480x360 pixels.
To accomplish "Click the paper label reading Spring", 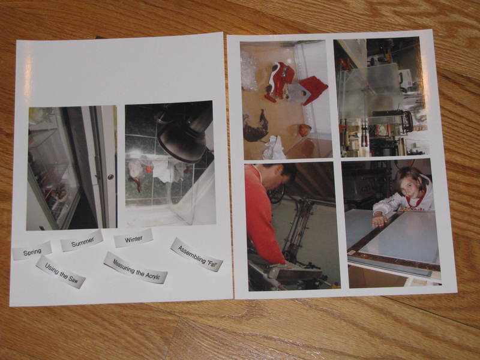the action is coord(32,251).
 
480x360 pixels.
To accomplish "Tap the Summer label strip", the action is coord(82,241).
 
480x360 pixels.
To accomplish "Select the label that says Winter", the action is coord(133,238).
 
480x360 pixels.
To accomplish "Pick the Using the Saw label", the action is coord(61,272).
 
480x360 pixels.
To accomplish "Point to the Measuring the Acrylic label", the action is coord(136,268).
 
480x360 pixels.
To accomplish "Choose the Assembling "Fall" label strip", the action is coord(196,254).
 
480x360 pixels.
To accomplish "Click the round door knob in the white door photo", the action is coord(110,176).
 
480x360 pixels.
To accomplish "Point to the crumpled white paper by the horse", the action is coord(275,148).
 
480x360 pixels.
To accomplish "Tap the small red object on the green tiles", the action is coord(149,169).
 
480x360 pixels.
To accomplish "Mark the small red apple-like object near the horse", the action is coord(305,130).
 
